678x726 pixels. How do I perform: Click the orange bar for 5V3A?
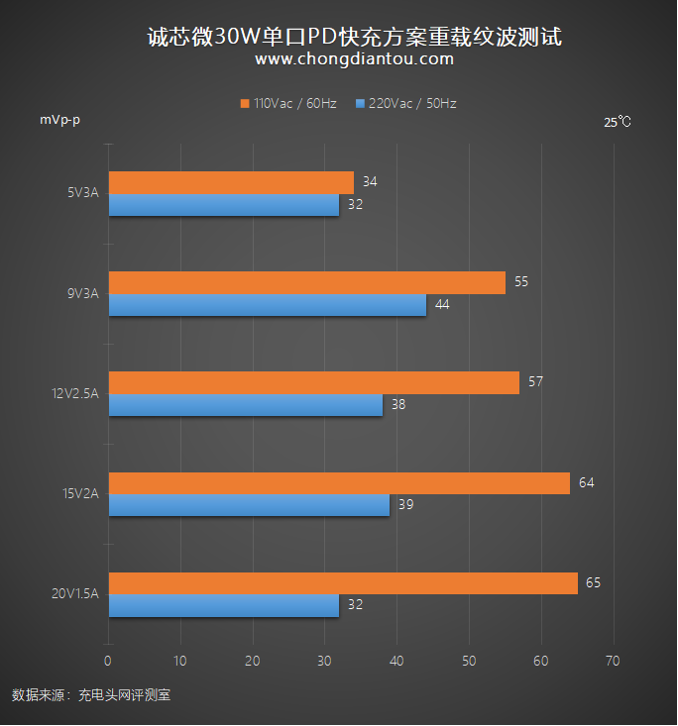(231, 182)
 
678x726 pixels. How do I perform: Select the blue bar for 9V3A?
(267, 305)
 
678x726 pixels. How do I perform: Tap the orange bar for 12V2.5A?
(313, 382)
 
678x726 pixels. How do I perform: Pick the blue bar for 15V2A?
(249, 505)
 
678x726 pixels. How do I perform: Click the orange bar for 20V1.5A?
(342, 583)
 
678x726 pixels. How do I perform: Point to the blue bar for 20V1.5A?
(223, 606)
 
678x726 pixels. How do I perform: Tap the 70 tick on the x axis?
(613, 661)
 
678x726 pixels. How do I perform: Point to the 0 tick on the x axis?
(108, 661)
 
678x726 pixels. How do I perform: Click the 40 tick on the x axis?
(396, 661)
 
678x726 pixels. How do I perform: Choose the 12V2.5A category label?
(75, 394)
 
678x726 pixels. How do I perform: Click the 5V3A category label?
(82, 193)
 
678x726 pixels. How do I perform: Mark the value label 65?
(593, 583)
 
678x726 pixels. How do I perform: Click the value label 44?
(442, 304)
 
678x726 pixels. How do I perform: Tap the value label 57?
(535, 381)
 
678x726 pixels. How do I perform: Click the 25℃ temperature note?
(617, 122)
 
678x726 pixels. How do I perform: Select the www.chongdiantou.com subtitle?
(354, 59)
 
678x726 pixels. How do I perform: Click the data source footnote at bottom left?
(91, 695)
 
